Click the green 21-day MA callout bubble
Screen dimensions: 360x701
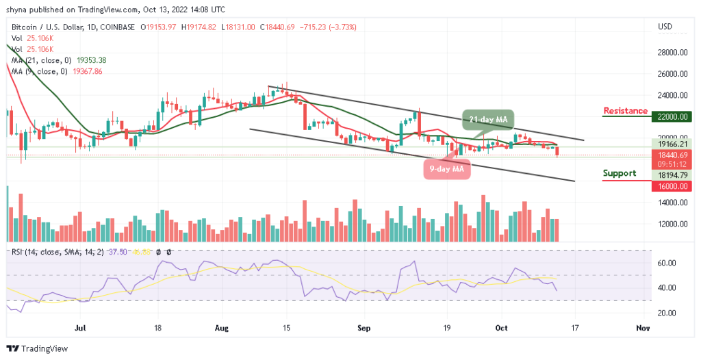[489, 120]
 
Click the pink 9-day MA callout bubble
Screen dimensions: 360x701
[446, 168]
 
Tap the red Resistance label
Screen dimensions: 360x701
[625, 111]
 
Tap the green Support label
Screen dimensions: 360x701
[619, 173]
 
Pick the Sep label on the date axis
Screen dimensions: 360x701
[364, 329]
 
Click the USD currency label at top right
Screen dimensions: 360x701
[664, 27]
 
